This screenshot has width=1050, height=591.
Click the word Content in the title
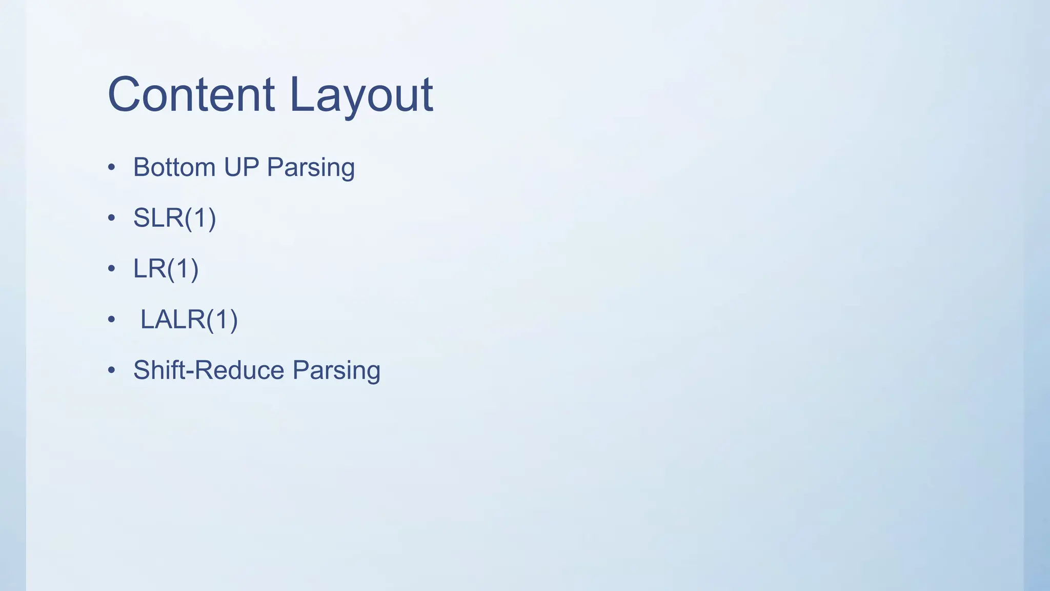click(x=191, y=94)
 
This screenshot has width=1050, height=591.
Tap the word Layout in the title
click(x=361, y=95)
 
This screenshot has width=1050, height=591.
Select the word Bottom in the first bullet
click(x=174, y=167)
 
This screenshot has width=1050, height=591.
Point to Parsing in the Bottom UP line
click(x=311, y=168)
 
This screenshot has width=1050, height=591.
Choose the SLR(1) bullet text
click(x=174, y=218)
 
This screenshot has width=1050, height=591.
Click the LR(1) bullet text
click(x=166, y=269)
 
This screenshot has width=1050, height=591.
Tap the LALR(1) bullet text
click(x=189, y=320)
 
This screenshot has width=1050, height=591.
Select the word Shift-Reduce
click(x=209, y=370)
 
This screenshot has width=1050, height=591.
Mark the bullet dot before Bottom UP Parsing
click(x=112, y=168)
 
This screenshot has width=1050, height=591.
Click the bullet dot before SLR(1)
click(x=112, y=219)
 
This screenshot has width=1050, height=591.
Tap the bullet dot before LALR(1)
click(x=112, y=320)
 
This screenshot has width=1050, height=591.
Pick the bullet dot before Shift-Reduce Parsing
click(x=112, y=370)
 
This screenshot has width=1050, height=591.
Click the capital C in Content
click(x=124, y=94)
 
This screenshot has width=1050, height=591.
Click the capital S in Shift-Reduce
click(x=142, y=370)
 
